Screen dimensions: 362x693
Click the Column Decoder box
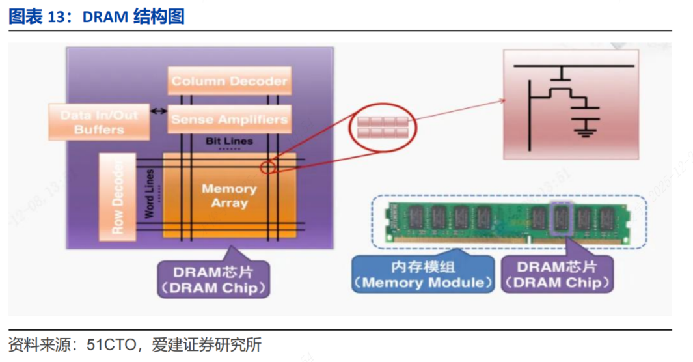[x=228, y=81]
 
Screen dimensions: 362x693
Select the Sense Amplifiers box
[x=228, y=120]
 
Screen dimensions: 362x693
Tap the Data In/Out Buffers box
[x=99, y=122]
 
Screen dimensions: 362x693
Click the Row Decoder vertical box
[x=117, y=197]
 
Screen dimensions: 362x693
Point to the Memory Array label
[x=229, y=195]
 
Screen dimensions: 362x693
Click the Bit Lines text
[x=229, y=141]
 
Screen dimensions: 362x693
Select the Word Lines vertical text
[x=150, y=193]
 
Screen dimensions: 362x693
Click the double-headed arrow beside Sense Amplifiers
[x=158, y=111]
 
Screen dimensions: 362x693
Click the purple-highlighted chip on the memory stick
[x=560, y=217]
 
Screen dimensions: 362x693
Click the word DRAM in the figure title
[x=105, y=16]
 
